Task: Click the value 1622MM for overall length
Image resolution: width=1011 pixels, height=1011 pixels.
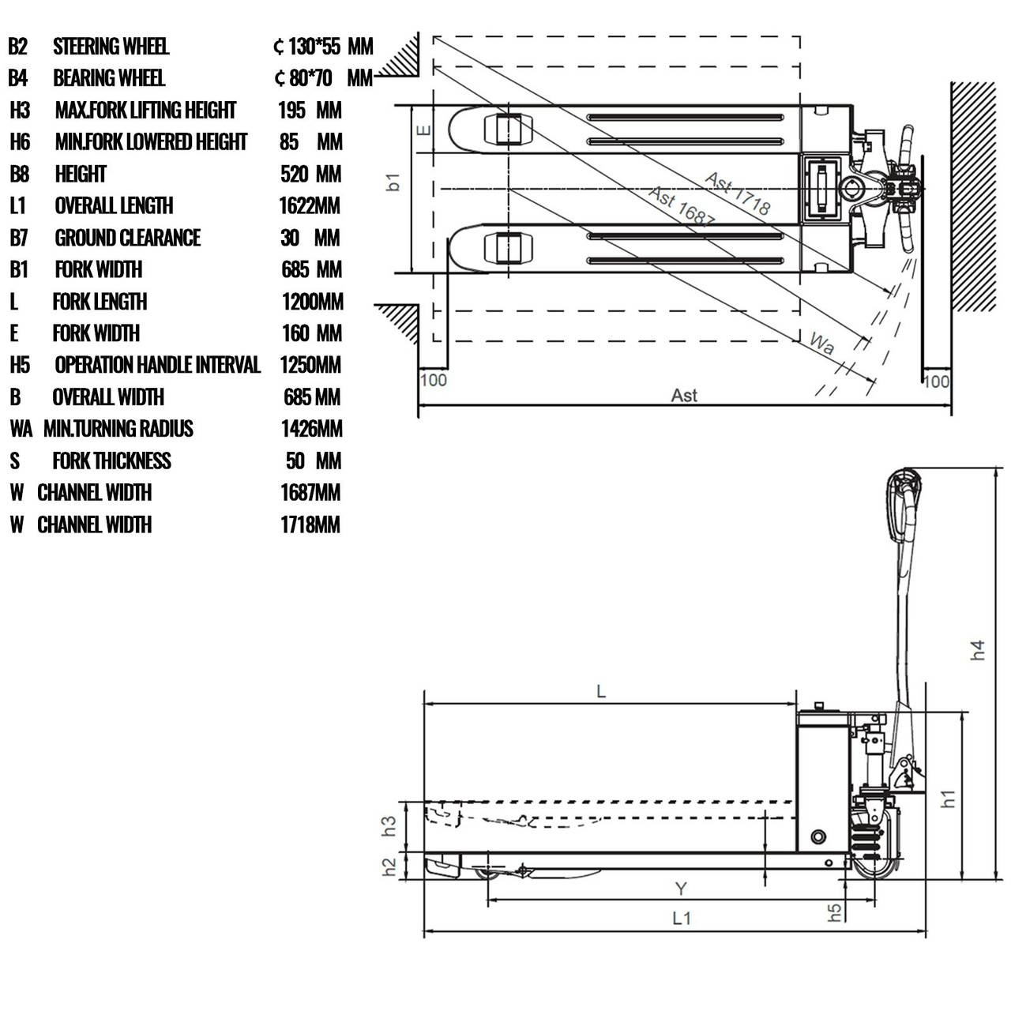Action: (310, 206)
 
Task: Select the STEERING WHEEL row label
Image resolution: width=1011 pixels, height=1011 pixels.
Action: (111, 47)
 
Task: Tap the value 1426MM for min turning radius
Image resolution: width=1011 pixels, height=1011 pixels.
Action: (311, 429)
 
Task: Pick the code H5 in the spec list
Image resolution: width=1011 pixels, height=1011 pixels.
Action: (20, 365)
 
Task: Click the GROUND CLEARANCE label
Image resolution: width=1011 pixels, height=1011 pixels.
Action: (127, 238)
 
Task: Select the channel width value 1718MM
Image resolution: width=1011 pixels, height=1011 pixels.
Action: (310, 524)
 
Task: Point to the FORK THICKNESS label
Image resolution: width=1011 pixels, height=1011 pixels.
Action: (111, 460)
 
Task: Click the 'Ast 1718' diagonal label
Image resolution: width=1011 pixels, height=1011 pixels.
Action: (737, 194)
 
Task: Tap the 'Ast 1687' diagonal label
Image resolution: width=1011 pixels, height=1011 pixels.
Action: (682, 208)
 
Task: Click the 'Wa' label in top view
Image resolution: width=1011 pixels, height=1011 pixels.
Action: (821, 344)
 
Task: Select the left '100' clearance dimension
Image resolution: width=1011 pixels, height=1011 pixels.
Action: (433, 380)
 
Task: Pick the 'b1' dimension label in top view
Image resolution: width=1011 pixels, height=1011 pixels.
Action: (393, 182)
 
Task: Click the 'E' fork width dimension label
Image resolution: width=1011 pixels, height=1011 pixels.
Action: (424, 130)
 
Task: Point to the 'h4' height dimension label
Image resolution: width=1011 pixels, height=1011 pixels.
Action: (978, 650)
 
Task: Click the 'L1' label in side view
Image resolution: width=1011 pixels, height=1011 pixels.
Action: (681, 918)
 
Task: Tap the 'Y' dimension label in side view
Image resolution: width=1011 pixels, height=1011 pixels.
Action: (681, 889)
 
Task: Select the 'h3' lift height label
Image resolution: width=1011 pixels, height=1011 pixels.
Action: (389, 826)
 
